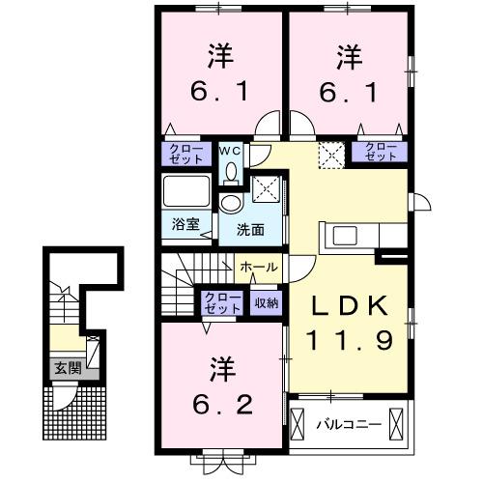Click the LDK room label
click(x=349, y=307)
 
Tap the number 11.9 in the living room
click(x=349, y=339)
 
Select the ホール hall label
click(x=259, y=267)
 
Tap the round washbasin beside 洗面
click(x=230, y=203)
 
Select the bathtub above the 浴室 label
click(x=185, y=190)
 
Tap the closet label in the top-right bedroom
click(x=379, y=153)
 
